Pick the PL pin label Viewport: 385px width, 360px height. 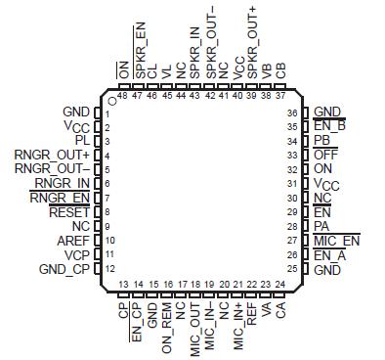click(x=82, y=141)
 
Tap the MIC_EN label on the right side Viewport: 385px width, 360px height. click(x=337, y=240)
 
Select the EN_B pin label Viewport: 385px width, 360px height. click(x=329, y=126)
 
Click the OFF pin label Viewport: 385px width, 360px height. click(x=326, y=155)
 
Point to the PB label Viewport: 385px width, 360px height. click(x=322, y=141)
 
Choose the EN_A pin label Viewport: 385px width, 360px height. click(x=329, y=254)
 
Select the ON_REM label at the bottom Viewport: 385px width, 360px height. click(x=167, y=320)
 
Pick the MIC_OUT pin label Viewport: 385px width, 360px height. click(x=195, y=323)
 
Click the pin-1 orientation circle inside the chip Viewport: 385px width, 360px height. click(x=113, y=98)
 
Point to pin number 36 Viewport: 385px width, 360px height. click(x=291, y=113)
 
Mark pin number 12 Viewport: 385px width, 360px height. click(x=107, y=268)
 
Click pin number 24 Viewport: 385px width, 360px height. click(x=280, y=284)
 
